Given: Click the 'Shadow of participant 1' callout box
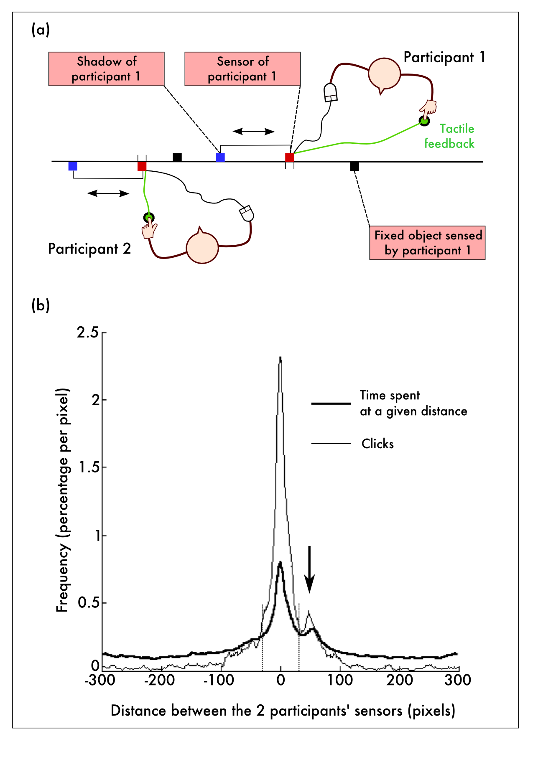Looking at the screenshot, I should (106, 69).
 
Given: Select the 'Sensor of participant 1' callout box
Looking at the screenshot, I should (242, 69).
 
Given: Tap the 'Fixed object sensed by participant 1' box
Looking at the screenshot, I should (427, 243).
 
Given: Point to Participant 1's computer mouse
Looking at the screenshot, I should (331, 92).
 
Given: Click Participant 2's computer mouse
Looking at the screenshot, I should (247, 213).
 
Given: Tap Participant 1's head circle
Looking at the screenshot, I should (384, 74).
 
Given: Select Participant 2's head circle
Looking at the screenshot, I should (202, 247).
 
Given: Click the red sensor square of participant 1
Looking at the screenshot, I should (290, 157).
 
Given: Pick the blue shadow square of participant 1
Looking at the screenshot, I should (220, 157).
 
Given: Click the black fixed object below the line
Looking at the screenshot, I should (354, 166).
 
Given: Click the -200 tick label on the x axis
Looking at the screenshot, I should (160, 681).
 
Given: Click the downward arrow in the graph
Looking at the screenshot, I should (309, 569).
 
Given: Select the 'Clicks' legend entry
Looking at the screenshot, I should (377, 444).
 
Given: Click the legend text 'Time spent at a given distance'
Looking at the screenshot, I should (413, 403).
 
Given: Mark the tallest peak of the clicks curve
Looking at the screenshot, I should (281, 358).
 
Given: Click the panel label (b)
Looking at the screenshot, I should (41, 305).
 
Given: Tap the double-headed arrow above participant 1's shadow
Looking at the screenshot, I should (253, 131).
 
